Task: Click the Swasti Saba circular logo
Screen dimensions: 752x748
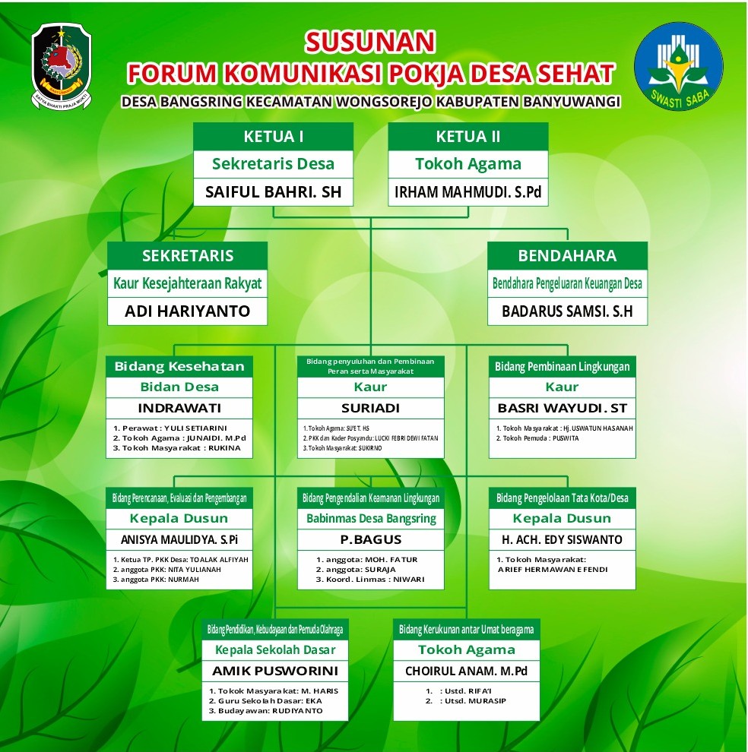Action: click(678, 66)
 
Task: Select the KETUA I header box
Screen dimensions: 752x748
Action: click(274, 137)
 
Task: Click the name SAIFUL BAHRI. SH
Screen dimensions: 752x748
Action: click(274, 192)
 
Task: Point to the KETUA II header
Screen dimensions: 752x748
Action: click(468, 137)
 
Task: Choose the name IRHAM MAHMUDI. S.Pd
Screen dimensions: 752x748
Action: click(468, 192)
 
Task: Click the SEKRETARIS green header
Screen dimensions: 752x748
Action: click(188, 255)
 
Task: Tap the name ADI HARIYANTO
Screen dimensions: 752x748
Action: click(188, 311)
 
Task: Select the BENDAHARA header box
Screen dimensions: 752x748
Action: click(567, 255)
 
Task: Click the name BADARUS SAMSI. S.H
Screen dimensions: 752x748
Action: click(567, 311)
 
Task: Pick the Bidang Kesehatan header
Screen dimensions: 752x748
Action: click(179, 366)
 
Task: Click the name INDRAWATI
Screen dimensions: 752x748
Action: click(179, 408)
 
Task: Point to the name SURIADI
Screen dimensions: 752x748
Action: click(370, 408)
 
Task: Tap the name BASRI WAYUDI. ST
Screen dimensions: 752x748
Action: click(562, 408)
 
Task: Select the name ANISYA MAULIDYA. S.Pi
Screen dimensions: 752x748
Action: click(179, 539)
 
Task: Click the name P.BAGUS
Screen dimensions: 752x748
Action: click(370, 539)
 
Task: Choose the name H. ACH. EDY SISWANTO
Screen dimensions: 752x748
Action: click(562, 539)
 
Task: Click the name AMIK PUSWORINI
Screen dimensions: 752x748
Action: click(275, 671)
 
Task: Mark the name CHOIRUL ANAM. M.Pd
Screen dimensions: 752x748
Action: click(466, 671)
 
